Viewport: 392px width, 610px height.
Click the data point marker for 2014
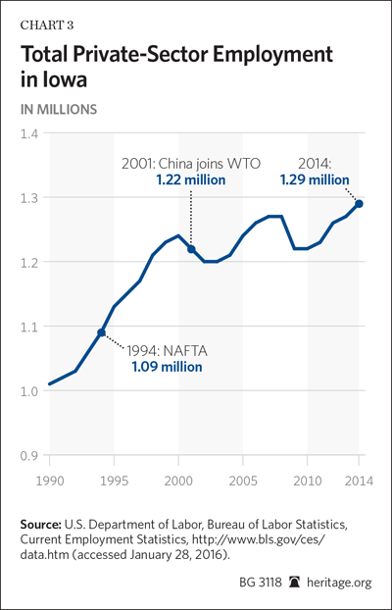359,204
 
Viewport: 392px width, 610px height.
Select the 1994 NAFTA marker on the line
102,332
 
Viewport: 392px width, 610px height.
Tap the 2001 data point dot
191,248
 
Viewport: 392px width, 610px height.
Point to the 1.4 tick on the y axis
28,133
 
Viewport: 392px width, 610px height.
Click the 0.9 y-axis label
28,455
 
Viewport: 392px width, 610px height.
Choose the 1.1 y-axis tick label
28,327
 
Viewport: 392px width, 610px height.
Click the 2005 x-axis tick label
243,481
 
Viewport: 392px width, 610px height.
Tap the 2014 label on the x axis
359,481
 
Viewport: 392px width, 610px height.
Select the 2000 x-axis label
178,481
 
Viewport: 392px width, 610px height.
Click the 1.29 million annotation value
314,180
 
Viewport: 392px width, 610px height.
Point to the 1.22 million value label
190,180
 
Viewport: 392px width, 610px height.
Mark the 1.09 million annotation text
168,367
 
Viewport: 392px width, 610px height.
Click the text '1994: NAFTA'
167,351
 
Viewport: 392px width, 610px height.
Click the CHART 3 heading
47,25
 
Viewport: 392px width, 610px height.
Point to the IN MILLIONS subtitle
59,110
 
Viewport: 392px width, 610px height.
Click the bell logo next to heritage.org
294,583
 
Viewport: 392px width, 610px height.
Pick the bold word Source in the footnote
40,525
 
